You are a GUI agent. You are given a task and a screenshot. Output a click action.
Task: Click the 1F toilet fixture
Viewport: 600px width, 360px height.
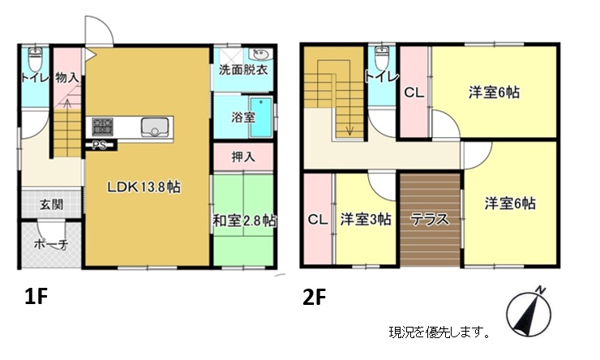click(35, 58)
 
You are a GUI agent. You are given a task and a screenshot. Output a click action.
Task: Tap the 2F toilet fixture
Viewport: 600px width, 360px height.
click(382, 57)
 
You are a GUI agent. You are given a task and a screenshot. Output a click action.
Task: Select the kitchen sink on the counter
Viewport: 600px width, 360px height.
click(155, 127)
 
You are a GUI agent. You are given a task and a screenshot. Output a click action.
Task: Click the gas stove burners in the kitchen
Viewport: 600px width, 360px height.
click(103, 126)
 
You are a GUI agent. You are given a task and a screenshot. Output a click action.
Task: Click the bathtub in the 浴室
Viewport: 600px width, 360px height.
click(261, 117)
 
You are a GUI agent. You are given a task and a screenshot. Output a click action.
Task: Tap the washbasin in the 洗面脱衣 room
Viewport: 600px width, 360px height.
click(260, 54)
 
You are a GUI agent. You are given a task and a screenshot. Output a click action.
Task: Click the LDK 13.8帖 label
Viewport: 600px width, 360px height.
click(144, 187)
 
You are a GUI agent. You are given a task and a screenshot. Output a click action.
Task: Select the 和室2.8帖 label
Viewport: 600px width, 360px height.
click(245, 221)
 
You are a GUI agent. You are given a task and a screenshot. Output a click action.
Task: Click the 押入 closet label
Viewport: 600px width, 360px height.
click(243, 156)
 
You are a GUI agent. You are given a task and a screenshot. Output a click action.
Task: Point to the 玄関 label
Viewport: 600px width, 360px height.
click(52, 204)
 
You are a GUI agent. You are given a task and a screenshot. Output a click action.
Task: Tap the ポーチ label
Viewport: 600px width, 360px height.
click(51, 244)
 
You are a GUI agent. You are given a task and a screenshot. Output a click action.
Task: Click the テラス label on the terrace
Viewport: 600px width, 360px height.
click(430, 220)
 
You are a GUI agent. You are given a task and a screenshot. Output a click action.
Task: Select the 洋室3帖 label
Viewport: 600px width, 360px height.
click(366, 220)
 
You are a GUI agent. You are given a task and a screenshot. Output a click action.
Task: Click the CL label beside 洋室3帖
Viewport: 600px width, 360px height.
click(318, 220)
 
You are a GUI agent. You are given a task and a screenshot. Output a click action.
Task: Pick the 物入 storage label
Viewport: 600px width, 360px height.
click(67, 78)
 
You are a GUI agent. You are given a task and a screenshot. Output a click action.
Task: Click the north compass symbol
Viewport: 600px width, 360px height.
click(529, 310)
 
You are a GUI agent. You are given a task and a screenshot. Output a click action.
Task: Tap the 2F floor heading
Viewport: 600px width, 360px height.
click(314, 298)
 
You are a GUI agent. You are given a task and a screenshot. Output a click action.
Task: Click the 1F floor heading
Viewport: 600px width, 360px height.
click(36, 297)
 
